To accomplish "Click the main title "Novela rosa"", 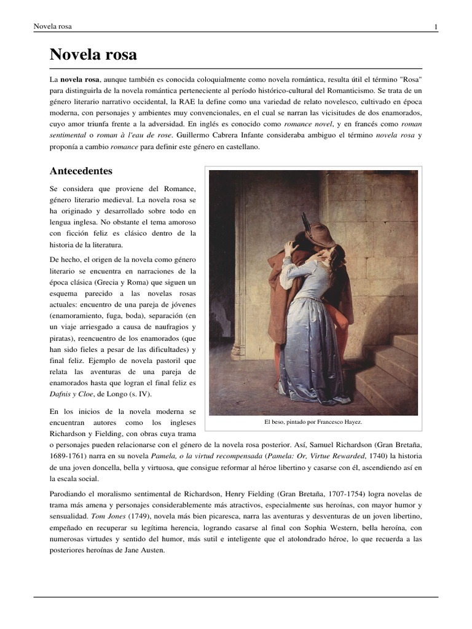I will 93,55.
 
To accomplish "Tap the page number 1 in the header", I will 436,26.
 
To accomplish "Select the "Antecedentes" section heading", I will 81,171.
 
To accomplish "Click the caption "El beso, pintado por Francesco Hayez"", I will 313,423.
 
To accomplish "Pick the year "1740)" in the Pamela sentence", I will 375,456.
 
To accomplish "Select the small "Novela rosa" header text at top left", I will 52,26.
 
